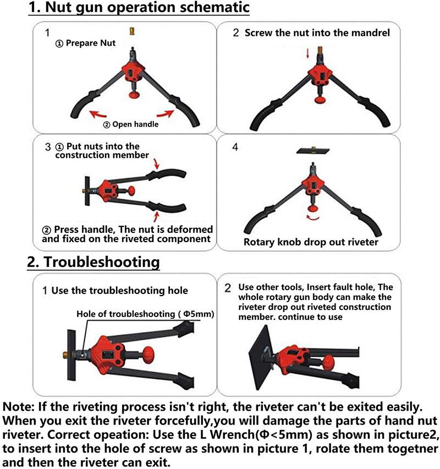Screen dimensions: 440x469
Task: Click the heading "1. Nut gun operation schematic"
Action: tap(139, 9)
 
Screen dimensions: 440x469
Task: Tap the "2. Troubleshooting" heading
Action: tap(94, 261)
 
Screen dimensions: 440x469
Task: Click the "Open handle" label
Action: tap(135, 124)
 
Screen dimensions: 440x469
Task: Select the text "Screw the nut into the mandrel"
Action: tap(317, 32)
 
